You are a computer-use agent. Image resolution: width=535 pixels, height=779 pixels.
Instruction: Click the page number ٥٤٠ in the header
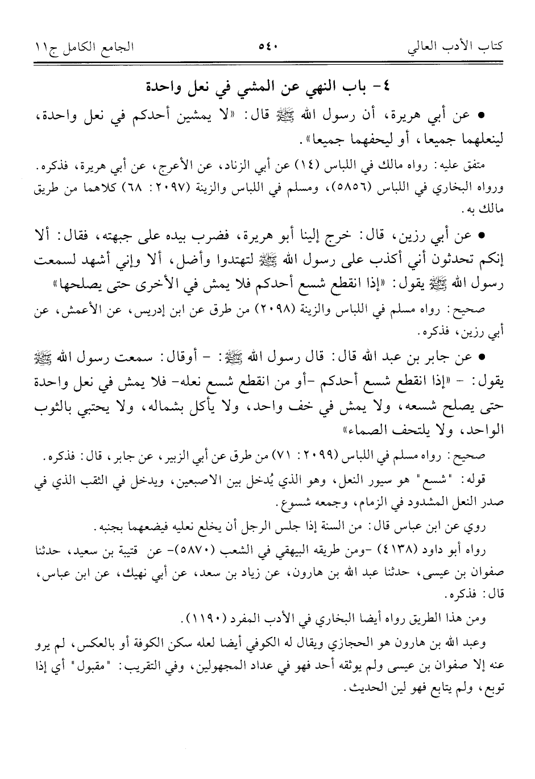pyautogui.click(x=267, y=46)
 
